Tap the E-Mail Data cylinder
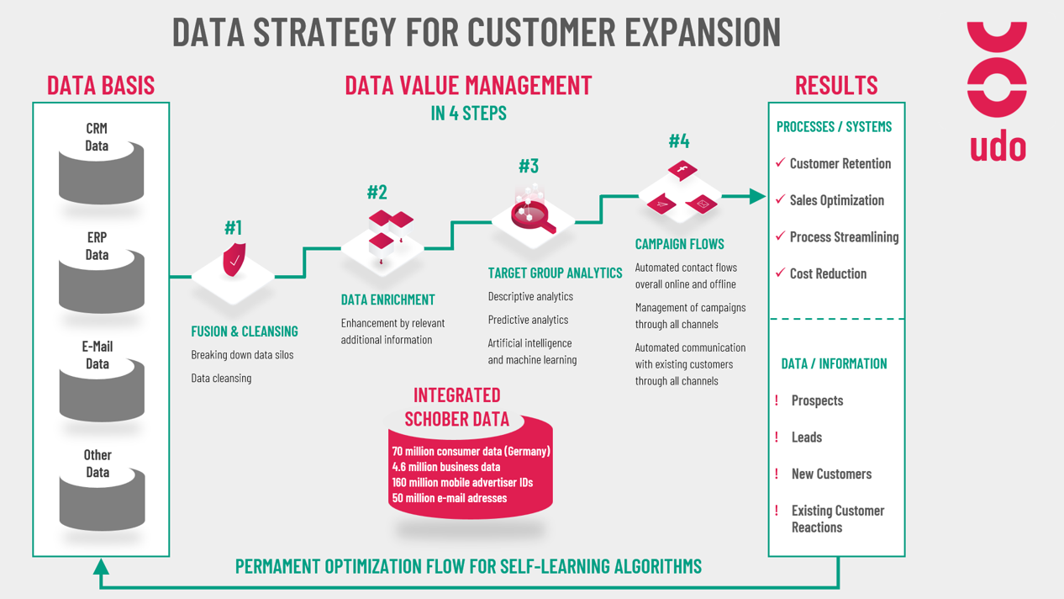102,390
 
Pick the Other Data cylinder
102,499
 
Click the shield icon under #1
234,260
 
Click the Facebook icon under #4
682,170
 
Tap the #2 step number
377,192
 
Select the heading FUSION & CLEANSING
245,331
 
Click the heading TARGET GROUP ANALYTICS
555,273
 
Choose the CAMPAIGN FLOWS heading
679,244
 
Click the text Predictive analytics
528,320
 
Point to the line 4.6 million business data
446,467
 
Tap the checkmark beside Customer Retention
780,162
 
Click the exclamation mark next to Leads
777,437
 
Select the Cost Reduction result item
828,273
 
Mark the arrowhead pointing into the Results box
757,196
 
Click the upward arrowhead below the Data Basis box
101,567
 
